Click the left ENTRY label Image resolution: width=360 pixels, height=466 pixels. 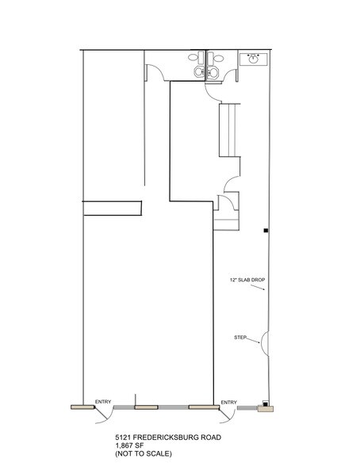tap(103, 402)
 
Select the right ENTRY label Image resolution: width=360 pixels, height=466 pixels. tap(228, 402)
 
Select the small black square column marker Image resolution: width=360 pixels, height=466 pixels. tap(266, 231)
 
